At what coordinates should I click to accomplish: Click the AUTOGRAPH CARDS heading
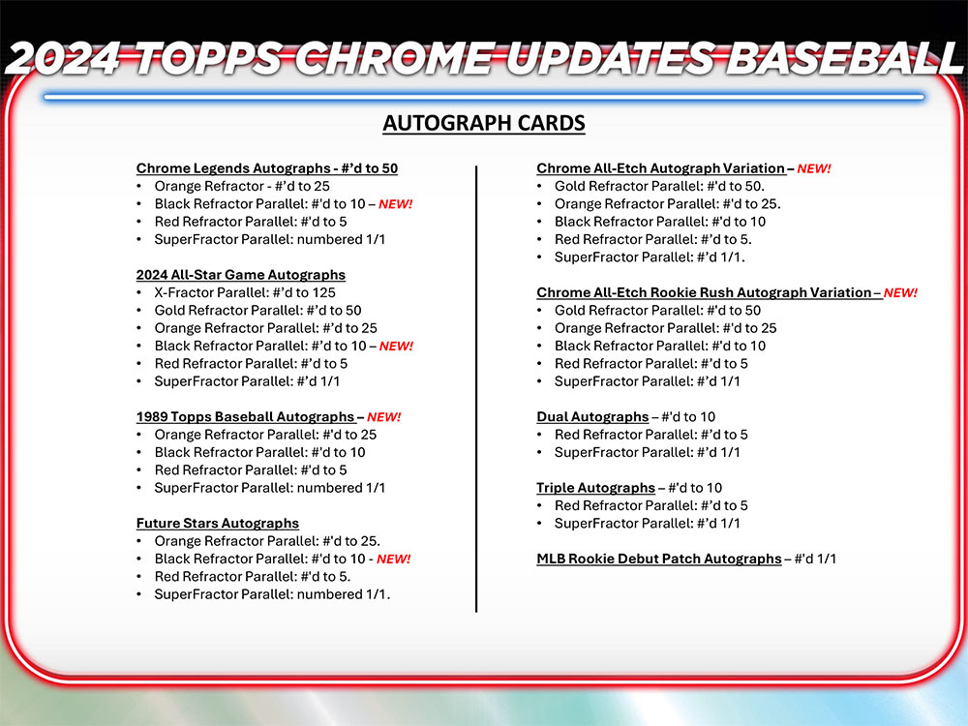click(x=484, y=123)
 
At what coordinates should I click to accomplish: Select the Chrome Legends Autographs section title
click(x=266, y=168)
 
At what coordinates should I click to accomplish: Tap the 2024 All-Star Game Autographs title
click(x=240, y=275)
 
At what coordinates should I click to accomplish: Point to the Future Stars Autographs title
click(x=217, y=524)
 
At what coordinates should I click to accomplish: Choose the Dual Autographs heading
click(x=592, y=417)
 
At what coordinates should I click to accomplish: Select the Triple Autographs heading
click(x=595, y=488)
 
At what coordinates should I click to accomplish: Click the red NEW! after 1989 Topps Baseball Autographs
click(x=383, y=417)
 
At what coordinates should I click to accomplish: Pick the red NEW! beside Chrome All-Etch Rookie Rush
click(x=900, y=292)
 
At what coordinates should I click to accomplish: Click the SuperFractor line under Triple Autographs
click(x=647, y=524)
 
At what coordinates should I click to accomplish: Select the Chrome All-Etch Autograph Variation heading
click(x=660, y=168)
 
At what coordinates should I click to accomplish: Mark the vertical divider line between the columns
click(x=476, y=387)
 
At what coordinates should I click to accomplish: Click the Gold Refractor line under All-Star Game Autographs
click(x=257, y=311)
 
